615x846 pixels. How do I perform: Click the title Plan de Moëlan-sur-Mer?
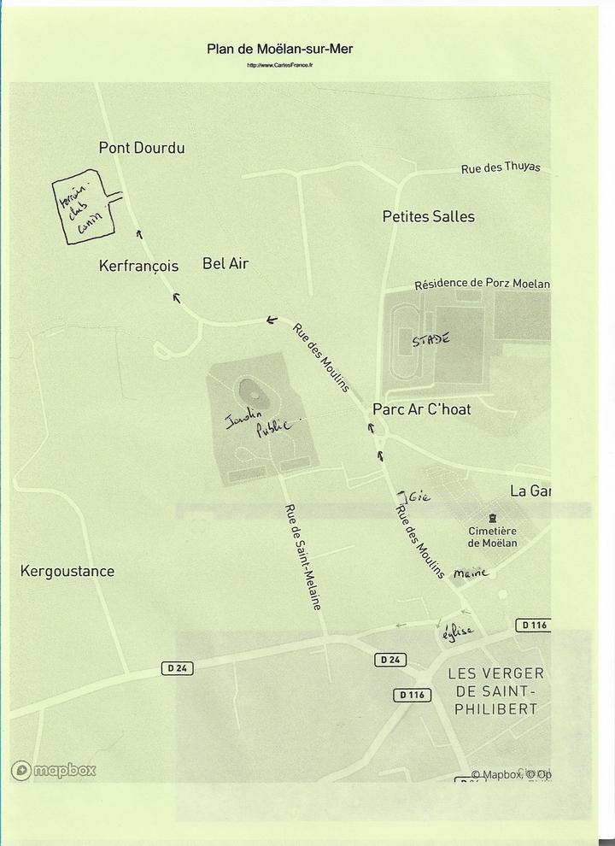pyautogui.click(x=279, y=49)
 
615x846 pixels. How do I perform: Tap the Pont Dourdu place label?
pyautogui.click(x=142, y=148)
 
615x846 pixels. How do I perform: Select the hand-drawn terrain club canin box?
pyautogui.click(x=83, y=210)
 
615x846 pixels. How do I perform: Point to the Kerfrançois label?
pyautogui.click(x=138, y=266)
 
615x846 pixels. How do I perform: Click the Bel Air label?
pyautogui.click(x=225, y=263)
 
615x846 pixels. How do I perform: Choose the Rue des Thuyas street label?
pyautogui.click(x=501, y=168)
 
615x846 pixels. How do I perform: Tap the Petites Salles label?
pyautogui.click(x=428, y=217)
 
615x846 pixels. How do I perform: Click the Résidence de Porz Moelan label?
pyautogui.click(x=482, y=284)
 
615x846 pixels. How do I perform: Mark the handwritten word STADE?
pyautogui.click(x=430, y=340)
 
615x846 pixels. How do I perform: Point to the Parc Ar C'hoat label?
pyautogui.click(x=421, y=409)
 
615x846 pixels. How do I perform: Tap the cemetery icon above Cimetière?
pyautogui.click(x=492, y=518)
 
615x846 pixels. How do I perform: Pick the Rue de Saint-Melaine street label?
pyautogui.click(x=302, y=556)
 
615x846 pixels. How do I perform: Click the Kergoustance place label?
pyautogui.click(x=67, y=571)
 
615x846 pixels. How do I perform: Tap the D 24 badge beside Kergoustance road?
pyautogui.click(x=176, y=667)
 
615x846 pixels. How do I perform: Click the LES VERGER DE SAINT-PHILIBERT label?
pyautogui.click(x=495, y=691)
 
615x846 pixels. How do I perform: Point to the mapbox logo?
pyautogui.click(x=53, y=771)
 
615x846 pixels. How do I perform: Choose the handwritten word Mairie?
pyautogui.click(x=471, y=573)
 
